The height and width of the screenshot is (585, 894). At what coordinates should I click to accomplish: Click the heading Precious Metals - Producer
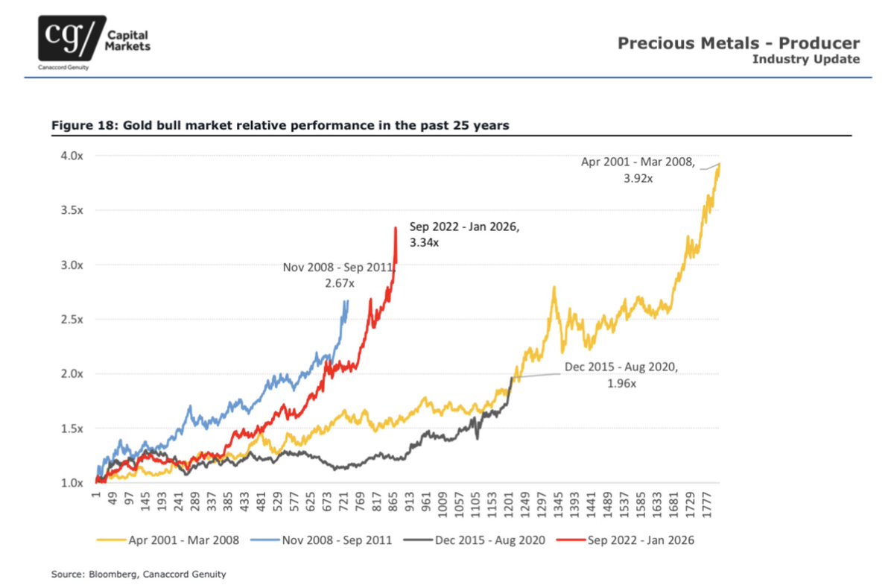[738, 43]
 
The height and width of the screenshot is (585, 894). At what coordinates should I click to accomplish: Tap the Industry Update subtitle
[805, 59]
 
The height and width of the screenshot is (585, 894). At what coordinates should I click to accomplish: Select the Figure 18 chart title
[279, 125]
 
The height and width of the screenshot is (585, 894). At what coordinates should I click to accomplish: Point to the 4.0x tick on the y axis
[72, 156]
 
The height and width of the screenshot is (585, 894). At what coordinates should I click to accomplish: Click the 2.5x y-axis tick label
[72, 319]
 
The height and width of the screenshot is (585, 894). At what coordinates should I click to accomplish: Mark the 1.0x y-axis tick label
[72, 483]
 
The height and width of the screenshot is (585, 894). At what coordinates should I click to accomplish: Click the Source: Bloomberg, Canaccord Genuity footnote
[138, 574]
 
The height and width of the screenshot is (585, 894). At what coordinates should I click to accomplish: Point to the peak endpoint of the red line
[395, 227]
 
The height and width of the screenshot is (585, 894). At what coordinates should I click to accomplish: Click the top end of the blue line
[347, 300]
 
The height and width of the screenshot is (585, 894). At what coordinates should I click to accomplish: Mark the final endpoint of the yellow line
[720, 163]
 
